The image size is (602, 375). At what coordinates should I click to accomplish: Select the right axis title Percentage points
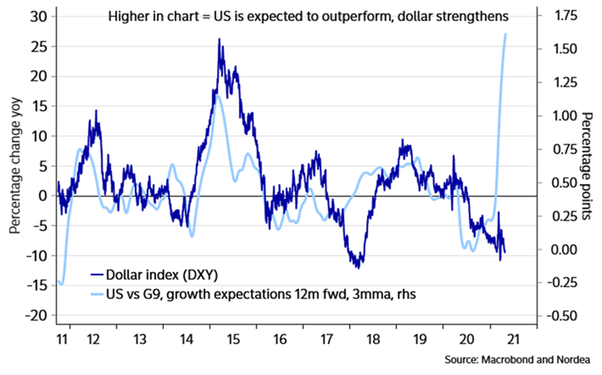point(587,165)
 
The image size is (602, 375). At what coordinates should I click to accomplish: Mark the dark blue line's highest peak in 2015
point(219,39)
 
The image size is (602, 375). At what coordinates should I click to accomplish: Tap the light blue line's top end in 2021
point(506,34)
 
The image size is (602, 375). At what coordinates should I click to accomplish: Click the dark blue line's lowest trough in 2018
point(357,267)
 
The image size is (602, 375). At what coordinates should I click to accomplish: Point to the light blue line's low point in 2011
point(61,284)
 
